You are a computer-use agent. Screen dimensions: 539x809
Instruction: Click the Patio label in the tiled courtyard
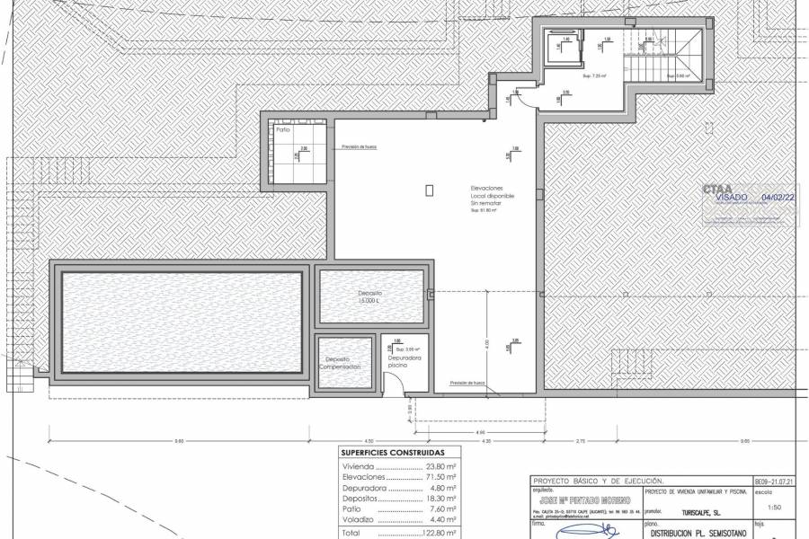pyautogui.click(x=283, y=130)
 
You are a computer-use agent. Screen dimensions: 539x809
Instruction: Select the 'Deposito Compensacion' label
pyautogui.click(x=345, y=363)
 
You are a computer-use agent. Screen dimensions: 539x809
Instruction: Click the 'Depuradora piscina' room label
pyautogui.click(x=398, y=362)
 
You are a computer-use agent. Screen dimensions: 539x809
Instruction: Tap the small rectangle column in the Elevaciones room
pyautogui.click(x=429, y=190)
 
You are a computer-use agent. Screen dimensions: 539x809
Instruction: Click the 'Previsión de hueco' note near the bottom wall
pyautogui.click(x=467, y=383)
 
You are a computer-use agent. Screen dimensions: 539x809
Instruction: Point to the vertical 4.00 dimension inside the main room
pyautogui.click(x=487, y=343)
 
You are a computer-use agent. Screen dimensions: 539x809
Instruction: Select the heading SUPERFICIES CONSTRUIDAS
pyautogui.click(x=393, y=454)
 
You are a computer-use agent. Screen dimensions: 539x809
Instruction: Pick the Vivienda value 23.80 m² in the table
pyautogui.click(x=439, y=467)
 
